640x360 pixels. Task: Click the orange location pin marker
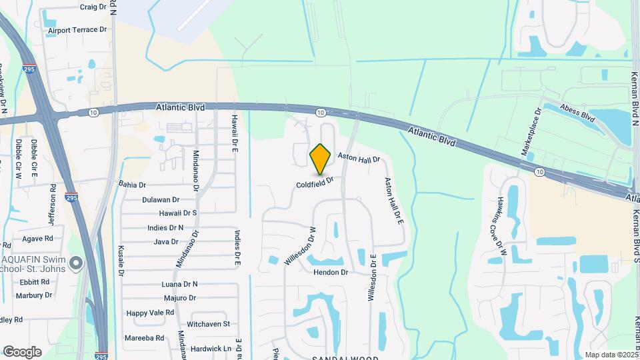point(321,159)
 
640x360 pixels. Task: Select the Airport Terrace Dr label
point(77,30)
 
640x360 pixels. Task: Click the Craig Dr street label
point(93,7)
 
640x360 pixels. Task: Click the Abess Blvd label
point(577,112)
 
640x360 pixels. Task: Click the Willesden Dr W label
point(301,246)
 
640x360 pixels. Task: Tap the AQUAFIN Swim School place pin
point(76,264)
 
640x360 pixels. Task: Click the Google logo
point(22,352)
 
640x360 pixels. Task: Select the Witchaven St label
point(208,324)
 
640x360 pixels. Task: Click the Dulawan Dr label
point(161,199)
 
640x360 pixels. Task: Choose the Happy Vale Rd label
point(150,313)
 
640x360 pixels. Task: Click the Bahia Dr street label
point(132,184)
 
